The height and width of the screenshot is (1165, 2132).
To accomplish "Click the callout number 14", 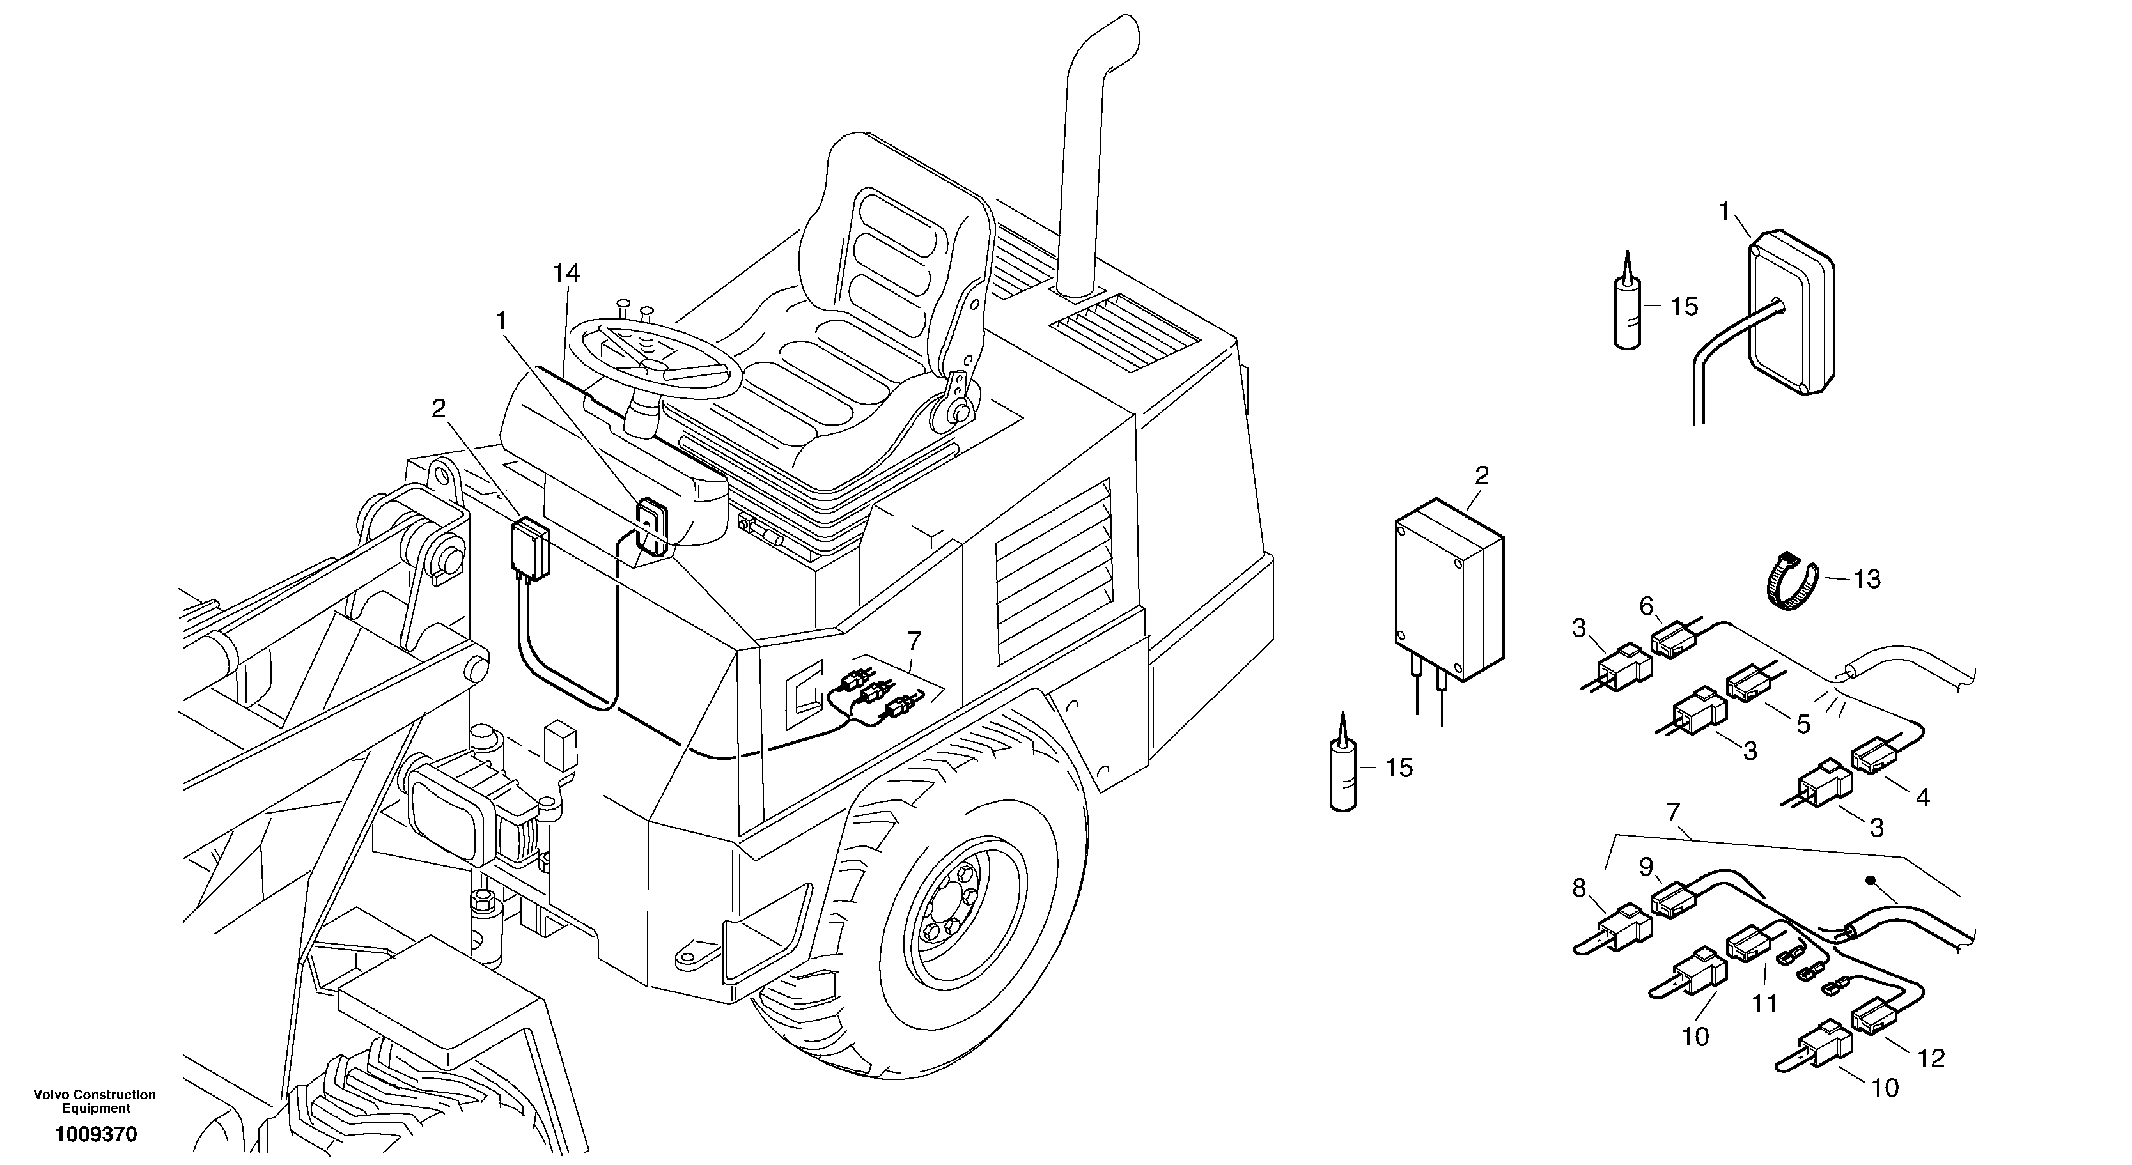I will pos(567,274).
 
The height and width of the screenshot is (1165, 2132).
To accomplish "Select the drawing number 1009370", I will pos(96,1134).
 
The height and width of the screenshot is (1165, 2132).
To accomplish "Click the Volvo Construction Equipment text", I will pos(95,1101).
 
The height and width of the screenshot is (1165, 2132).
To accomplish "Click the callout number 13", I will pos(1867,579).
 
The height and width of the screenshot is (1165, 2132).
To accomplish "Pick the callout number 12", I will pos(1932,1058).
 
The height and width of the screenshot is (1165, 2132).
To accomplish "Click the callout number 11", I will pos(1764,1004).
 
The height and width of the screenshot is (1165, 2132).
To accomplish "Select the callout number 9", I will pos(1646,868).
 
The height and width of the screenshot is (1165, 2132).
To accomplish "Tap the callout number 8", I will pos(1579,889).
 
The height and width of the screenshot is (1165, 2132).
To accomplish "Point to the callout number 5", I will pos(1803,725).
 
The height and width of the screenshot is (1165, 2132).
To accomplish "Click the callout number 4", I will pos(1922,798).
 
